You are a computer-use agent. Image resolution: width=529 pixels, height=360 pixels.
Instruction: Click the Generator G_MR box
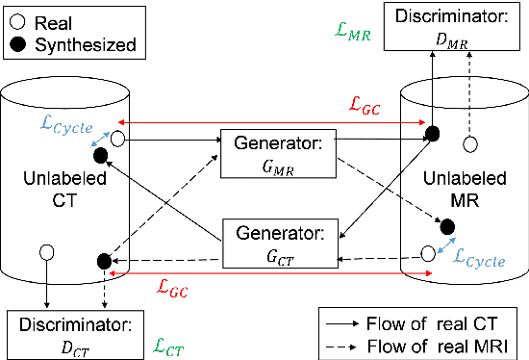(277, 152)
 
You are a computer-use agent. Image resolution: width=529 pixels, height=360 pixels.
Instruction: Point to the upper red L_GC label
(366, 109)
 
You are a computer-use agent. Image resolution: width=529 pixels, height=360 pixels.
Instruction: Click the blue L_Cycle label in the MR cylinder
(478, 258)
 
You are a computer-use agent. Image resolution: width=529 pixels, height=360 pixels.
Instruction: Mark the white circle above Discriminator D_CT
(44, 253)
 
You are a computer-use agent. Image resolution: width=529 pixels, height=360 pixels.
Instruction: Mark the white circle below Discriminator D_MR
(470, 145)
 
